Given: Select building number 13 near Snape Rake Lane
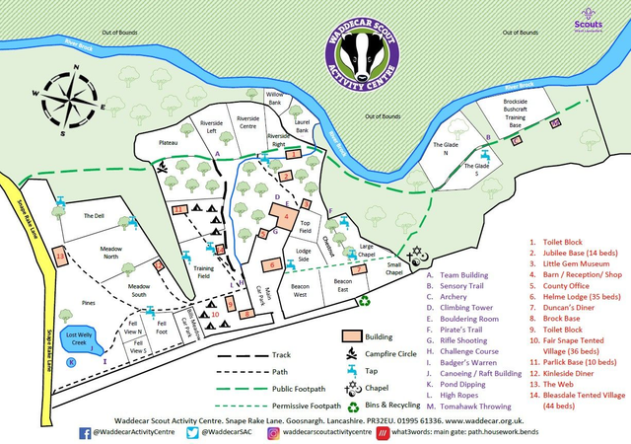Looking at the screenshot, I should (x=61, y=257).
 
